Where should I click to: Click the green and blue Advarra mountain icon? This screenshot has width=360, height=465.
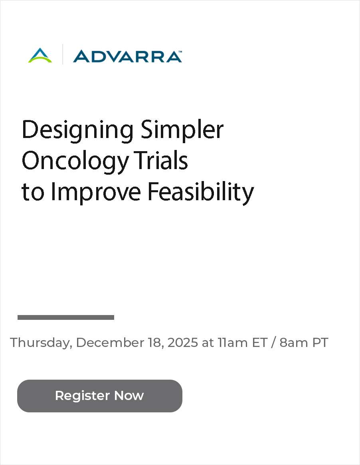click(x=40, y=55)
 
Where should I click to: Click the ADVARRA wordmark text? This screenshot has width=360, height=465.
click(x=127, y=56)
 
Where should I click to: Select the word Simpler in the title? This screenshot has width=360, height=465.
click(x=182, y=130)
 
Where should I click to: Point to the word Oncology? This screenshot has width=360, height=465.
click(x=75, y=162)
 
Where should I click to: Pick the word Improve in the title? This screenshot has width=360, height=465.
click(x=96, y=192)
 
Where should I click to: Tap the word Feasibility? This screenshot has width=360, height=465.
click(x=200, y=192)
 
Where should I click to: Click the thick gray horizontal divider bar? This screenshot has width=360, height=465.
click(x=66, y=317)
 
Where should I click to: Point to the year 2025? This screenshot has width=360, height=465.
click(x=182, y=342)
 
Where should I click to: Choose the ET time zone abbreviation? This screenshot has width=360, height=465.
click(x=259, y=342)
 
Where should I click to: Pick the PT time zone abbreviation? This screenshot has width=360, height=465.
click(x=320, y=342)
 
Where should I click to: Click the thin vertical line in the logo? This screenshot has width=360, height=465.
click(x=63, y=55)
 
